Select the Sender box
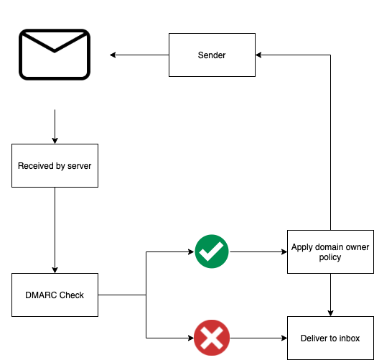click(212, 55)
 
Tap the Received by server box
click(55, 165)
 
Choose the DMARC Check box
click(55, 295)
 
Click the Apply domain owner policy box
click(330, 251)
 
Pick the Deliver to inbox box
click(330, 338)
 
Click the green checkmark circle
click(212, 251)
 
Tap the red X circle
click(212, 338)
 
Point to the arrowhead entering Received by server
click(55, 141)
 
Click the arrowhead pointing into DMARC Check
click(55, 270)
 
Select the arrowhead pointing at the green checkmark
click(191, 251)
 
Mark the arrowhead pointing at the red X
click(191, 338)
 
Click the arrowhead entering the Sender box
click(258, 55)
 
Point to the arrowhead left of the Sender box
click(113, 55)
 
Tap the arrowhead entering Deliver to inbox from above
click(330, 313)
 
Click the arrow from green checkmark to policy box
click(258, 251)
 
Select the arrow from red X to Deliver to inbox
click(258, 338)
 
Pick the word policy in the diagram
click(330, 257)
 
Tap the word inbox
click(350, 338)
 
